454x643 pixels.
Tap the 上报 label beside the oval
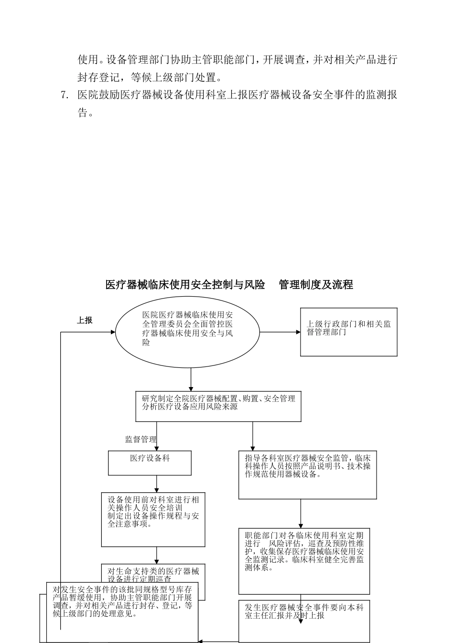85,321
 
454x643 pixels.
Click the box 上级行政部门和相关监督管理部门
348,332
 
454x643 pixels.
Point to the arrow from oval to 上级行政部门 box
280,332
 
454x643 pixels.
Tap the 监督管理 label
141,439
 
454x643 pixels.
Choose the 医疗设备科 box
150,463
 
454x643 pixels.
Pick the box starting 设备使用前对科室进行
153,520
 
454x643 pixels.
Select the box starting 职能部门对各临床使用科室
304,561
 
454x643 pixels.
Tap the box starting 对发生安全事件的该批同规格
122,610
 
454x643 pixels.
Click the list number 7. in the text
65,95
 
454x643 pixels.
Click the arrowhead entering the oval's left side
113,332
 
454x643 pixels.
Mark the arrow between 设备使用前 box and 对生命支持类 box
157,555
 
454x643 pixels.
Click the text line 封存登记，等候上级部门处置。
149,77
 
